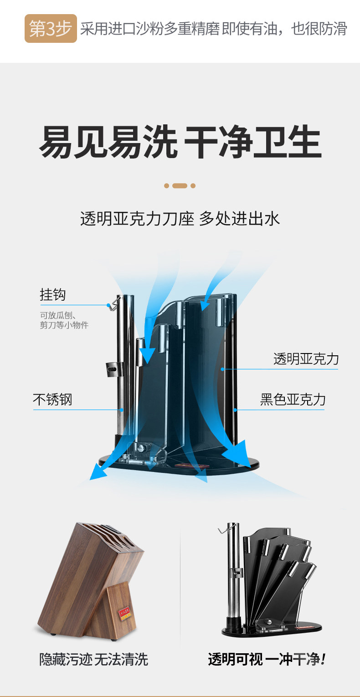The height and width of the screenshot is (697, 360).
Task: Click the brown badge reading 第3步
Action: click(51, 28)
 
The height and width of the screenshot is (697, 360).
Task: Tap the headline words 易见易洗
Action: click(108, 143)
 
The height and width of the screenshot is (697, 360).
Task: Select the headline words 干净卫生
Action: click(252, 143)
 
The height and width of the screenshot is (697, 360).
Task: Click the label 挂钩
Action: click(53, 295)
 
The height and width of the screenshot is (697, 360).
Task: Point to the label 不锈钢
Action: click(52, 400)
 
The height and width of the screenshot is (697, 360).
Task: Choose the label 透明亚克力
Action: click(306, 359)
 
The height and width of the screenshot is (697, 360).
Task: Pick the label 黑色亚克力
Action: click(293, 400)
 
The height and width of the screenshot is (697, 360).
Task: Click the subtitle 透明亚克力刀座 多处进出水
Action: click(180, 219)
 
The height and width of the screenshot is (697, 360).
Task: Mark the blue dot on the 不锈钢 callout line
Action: click(122, 410)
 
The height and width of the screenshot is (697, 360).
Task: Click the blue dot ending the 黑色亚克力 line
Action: click(235, 410)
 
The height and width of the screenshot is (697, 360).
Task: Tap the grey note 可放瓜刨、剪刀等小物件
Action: click(64, 320)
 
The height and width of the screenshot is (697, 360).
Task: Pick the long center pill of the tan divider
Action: click(180, 186)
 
